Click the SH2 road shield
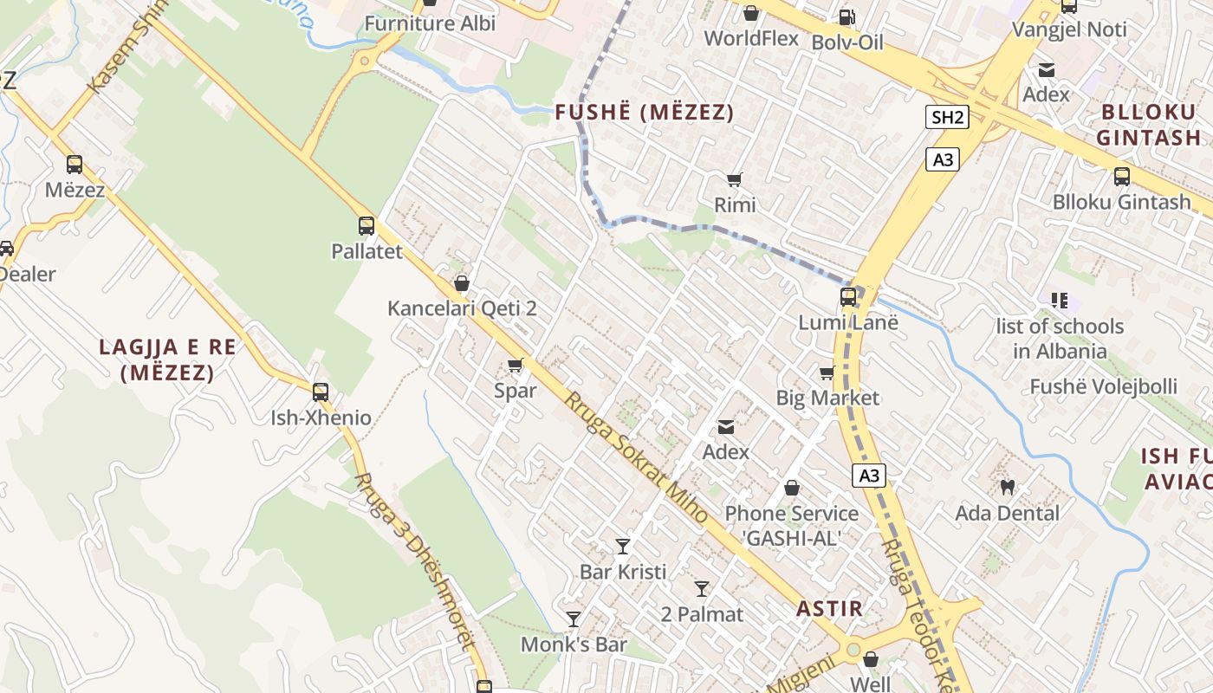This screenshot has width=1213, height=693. tap(946, 118)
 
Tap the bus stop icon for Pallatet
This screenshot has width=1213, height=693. tap(366, 226)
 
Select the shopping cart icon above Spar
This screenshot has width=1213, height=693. tap(516, 365)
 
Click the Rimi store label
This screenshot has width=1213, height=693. tap(735, 205)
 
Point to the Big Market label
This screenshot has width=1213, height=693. tap(827, 398)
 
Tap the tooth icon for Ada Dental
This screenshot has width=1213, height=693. tap(1007, 487)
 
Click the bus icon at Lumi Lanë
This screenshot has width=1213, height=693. tap(848, 297)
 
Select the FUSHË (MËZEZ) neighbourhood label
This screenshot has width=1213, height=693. tap(645, 113)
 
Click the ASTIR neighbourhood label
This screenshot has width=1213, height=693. tap(830, 608)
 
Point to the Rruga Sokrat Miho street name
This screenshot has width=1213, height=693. tap(636, 457)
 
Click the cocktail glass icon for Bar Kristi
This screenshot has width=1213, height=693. tap(623, 546)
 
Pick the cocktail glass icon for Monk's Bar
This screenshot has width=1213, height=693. tap(574, 619)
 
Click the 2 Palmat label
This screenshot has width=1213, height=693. tap(702, 615)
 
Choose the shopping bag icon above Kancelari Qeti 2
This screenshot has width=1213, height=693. tap(462, 283)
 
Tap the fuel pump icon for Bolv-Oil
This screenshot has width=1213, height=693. tap(847, 16)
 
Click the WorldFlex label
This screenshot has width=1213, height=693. tap(751, 38)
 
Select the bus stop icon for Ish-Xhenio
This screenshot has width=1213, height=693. tap(321, 392)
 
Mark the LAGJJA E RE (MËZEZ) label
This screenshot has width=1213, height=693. tap(167, 360)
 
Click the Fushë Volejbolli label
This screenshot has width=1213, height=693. tap(1103, 386)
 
